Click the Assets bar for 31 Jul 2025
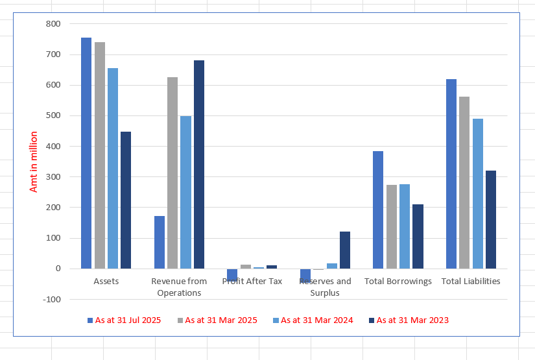(86, 153)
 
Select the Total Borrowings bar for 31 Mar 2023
(418, 236)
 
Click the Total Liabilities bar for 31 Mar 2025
(464, 182)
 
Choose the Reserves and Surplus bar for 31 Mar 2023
(345, 250)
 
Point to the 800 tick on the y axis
(53, 24)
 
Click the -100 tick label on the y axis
(52, 299)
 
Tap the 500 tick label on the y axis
(53, 115)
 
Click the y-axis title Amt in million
(33, 162)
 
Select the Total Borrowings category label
(398, 282)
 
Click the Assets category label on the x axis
(106, 282)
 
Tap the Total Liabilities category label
(471, 282)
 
